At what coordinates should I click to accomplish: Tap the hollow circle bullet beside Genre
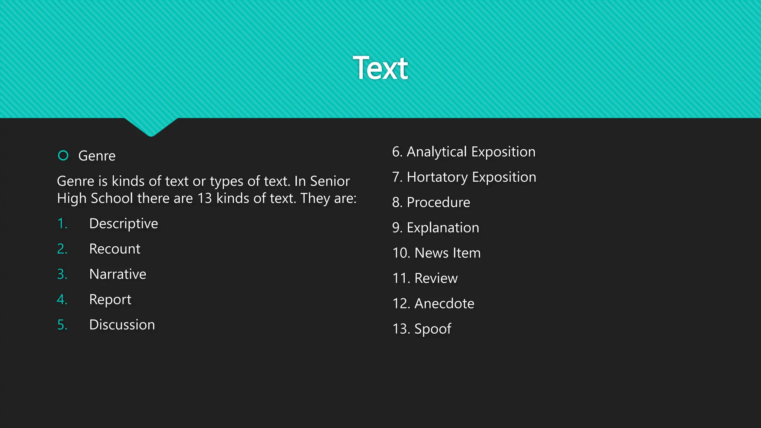63,155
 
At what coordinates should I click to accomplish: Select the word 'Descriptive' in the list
123,224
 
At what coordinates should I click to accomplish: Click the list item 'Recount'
114,249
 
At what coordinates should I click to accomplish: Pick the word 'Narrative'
117,274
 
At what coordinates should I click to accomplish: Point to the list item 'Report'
110,299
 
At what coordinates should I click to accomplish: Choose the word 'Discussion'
122,325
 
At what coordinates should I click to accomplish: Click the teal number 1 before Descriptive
62,224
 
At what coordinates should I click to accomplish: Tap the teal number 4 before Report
62,299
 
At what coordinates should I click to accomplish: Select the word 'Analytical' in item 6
437,152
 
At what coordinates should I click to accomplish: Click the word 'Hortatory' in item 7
437,177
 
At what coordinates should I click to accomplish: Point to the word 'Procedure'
438,202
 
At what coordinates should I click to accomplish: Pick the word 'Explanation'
443,228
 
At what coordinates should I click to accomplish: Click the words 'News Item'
447,253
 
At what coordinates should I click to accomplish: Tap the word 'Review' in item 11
436,278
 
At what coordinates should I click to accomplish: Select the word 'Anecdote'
444,304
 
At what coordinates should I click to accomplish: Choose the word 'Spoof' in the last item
433,329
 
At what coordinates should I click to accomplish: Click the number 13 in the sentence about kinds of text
204,198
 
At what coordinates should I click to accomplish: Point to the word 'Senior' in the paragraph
330,181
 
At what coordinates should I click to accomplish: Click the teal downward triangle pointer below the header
151,126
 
